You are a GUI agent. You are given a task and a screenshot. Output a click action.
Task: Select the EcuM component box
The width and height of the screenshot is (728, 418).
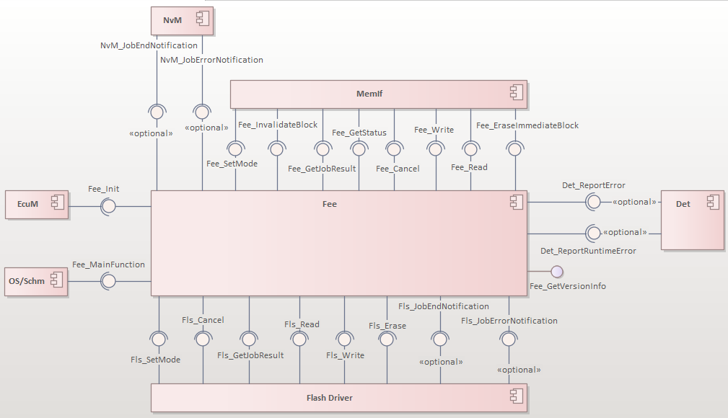coord(37,205)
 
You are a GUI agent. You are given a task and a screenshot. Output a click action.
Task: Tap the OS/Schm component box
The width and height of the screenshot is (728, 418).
coord(37,281)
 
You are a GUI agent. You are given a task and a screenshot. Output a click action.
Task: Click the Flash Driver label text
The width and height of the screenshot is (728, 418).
coord(329,397)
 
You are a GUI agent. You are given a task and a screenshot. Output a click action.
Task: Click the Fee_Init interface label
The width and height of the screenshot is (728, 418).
coord(104,189)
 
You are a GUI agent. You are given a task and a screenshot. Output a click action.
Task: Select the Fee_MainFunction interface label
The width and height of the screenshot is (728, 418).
coord(108,264)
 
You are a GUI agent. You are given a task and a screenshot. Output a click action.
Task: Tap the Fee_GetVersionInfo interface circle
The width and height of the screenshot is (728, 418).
coord(556,272)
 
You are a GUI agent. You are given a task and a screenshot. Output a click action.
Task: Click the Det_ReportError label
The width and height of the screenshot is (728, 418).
coord(594,185)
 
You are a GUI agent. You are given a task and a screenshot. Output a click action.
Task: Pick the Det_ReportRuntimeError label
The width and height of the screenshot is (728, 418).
coord(588,251)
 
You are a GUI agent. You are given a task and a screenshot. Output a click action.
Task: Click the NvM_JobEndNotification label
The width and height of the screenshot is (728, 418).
coord(149,45)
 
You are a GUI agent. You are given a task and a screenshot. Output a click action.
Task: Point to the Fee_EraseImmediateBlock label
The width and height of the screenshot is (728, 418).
coord(527,125)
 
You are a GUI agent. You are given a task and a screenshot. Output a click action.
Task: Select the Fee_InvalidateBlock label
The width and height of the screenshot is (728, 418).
coord(278,125)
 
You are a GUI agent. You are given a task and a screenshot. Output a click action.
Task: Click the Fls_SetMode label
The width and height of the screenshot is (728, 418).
coord(155,359)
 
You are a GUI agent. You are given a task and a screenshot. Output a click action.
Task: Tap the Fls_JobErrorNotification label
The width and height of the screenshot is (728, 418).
coord(509,321)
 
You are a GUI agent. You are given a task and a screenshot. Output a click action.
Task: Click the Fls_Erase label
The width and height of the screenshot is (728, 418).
coord(387,326)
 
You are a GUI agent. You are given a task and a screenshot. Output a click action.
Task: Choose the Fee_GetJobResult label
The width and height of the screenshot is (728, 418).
coord(322,169)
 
